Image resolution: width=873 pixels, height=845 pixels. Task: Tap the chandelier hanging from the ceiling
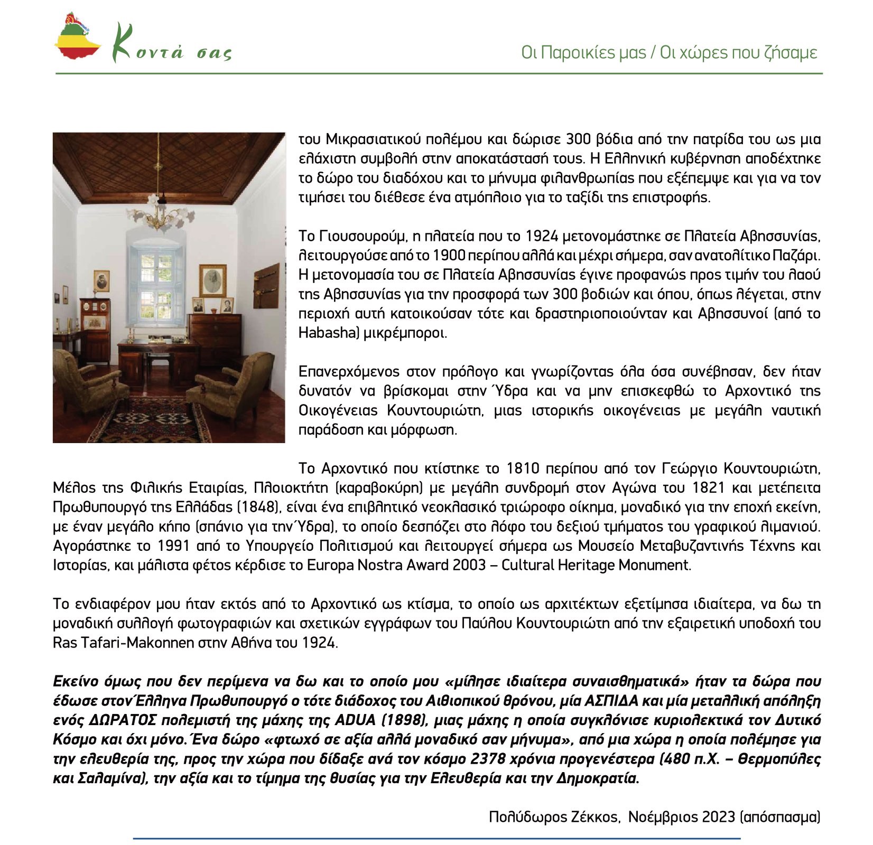157,211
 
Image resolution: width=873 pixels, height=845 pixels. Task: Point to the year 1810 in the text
523,468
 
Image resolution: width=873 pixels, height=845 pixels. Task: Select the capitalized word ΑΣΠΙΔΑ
614,701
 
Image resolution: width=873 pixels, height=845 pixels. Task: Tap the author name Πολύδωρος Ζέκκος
553,816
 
